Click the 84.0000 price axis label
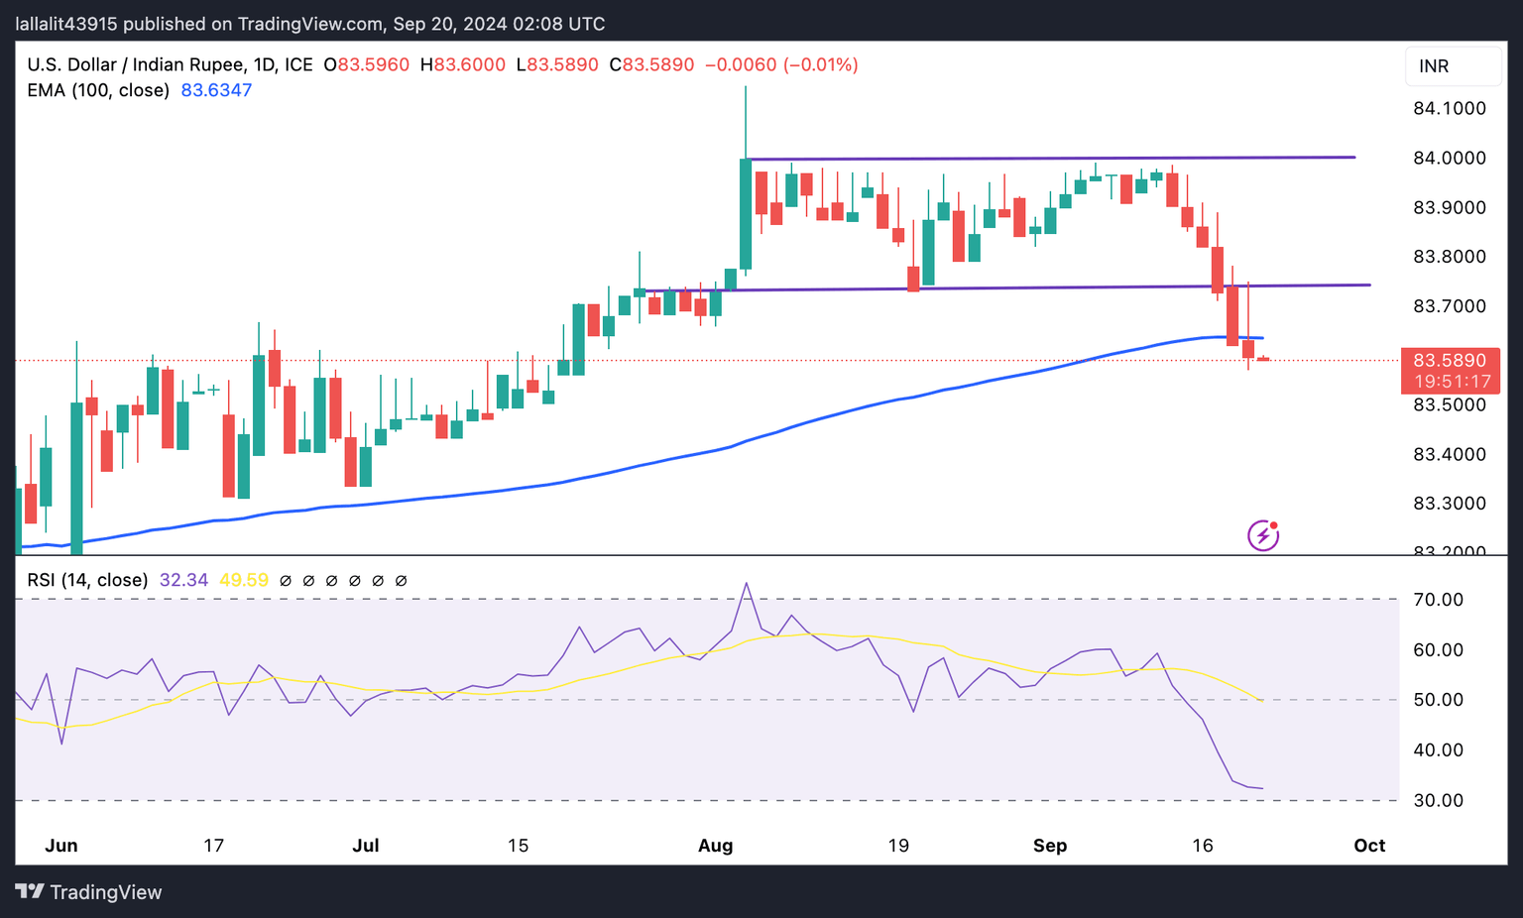point(1449,159)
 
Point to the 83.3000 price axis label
point(1449,504)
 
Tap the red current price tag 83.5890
point(1449,360)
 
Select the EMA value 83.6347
point(216,90)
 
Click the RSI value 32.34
point(183,580)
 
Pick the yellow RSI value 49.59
point(244,580)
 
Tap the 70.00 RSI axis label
point(1438,600)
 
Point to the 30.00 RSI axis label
point(1438,800)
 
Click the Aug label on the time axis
point(715,846)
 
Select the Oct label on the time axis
point(1369,846)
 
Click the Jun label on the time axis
point(61,846)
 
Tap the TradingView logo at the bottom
point(89,892)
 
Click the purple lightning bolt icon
point(1263,536)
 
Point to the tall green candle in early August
point(746,213)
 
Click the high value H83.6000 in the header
point(462,65)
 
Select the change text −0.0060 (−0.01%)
point(781,65)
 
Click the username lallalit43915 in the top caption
point(67,24)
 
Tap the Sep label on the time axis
point(1050,846)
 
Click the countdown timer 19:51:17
point(1453,382)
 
